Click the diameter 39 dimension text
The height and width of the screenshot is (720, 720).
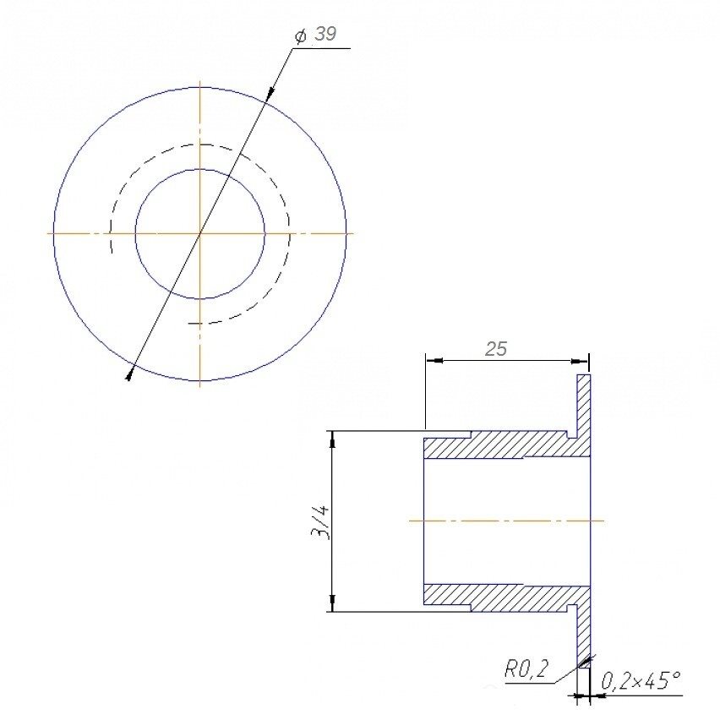pyautogui.click(x=315, y=35)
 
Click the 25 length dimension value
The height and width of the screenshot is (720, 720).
pyautogui.click(x=496, y=350)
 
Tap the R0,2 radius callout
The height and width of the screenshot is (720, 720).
pyautogui.click(x=526, y=668)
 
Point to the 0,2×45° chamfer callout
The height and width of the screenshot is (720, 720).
pyautogui.click(x=641, y=680)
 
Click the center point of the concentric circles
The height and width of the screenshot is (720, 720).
pyautogui.click(x=199, y=233)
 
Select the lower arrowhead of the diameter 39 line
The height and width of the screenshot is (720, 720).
pyautogui.click(x=129, y=373)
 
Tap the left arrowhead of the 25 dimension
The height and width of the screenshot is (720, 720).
pyautogui.click(x=434, y=361)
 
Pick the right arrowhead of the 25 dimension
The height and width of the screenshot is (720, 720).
pyautogui.click(x=580, y=361)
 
